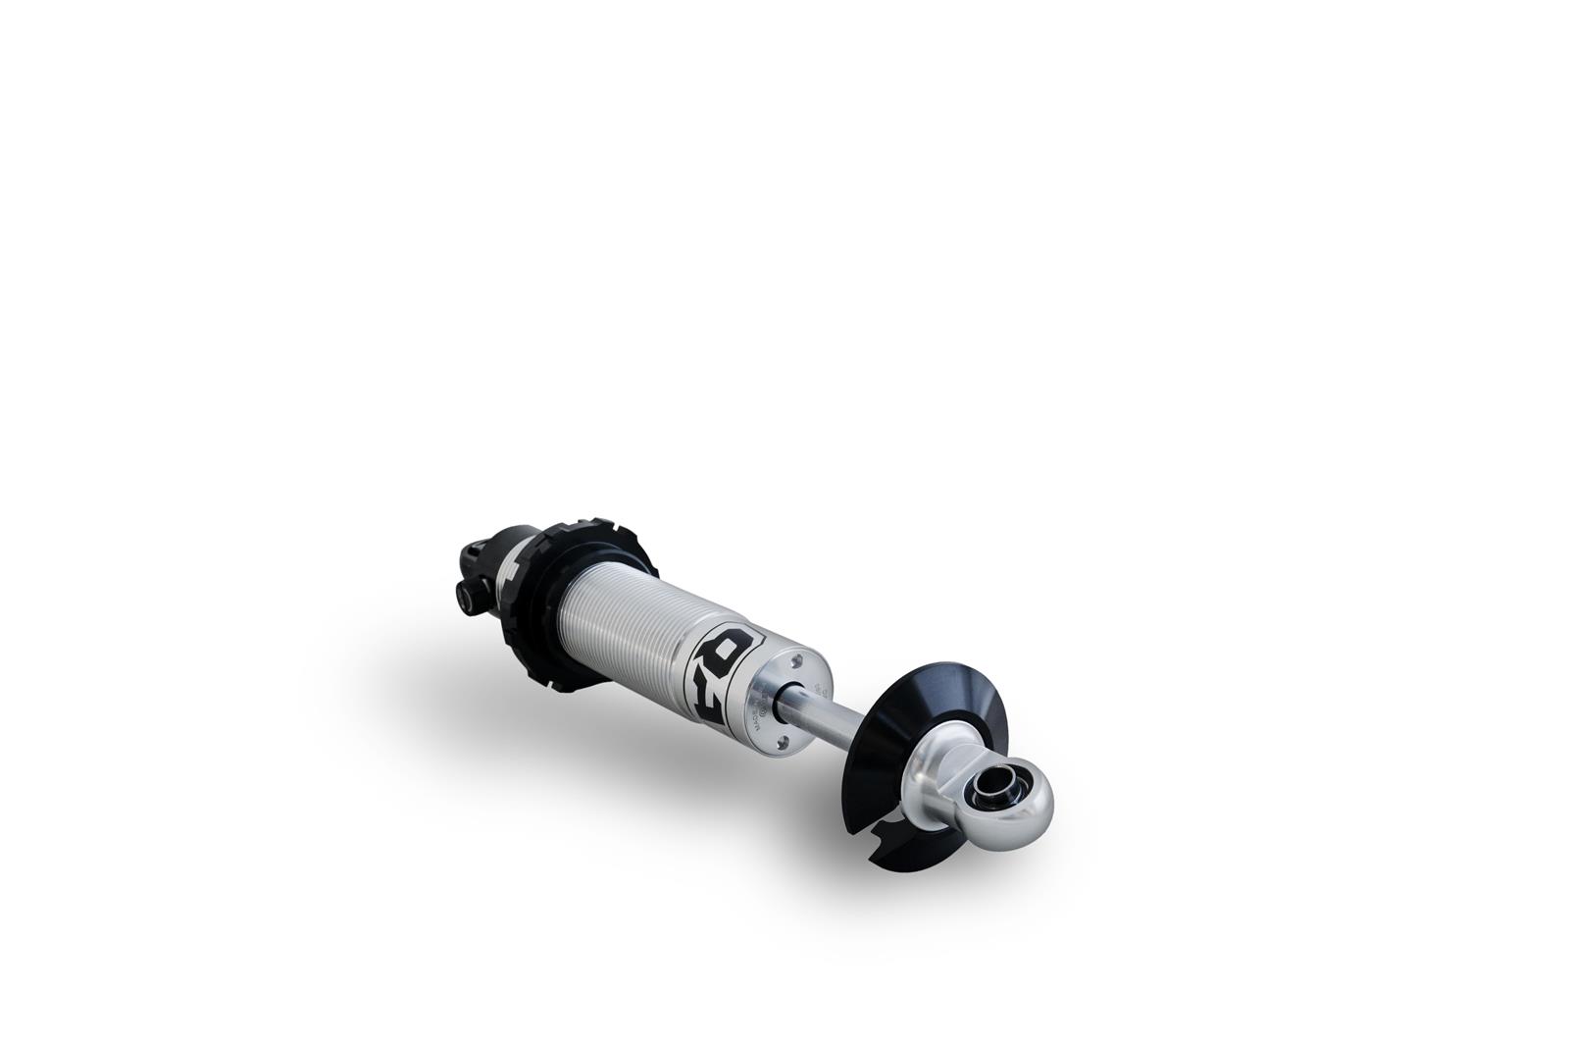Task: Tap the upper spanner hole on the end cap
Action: tap(796, 659)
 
